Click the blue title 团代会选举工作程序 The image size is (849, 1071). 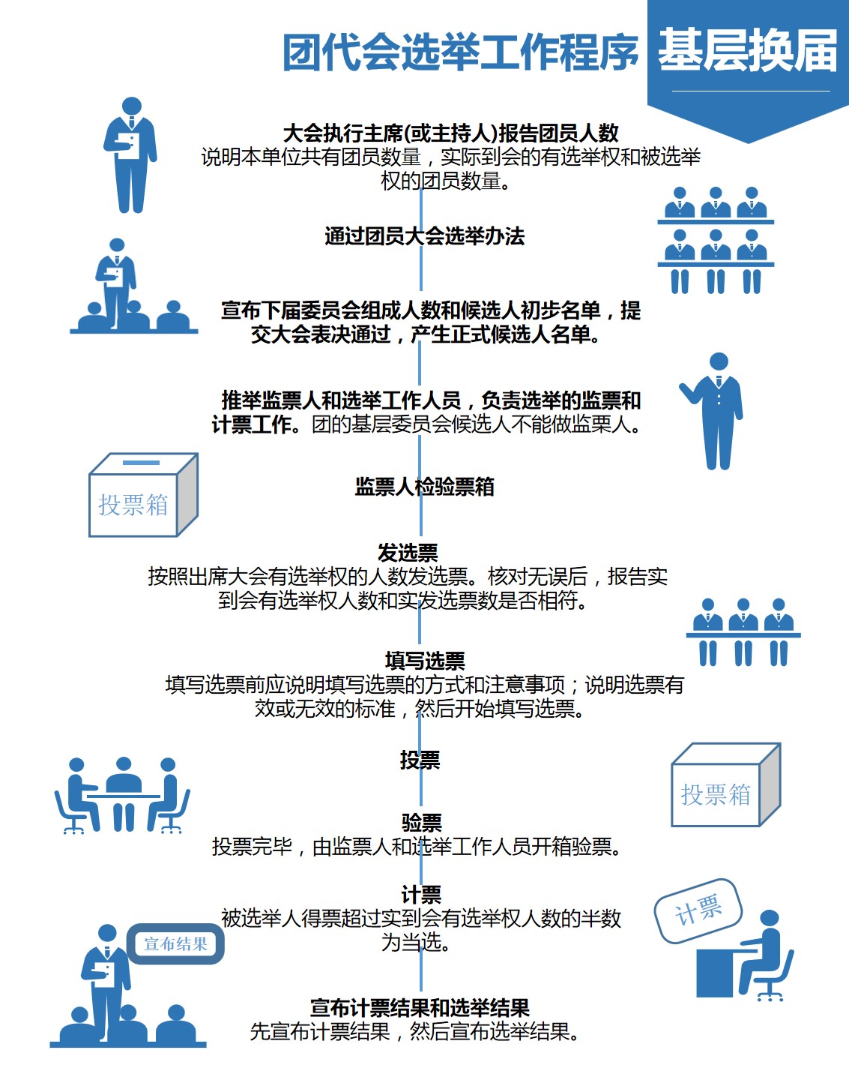[x=460, y=52]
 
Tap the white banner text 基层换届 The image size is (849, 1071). [x=747, y=51]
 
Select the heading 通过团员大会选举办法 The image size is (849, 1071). [x=424, y=236]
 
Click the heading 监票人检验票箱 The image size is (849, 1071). [x=424, y=487]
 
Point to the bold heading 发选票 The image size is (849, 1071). [x=408, y=553]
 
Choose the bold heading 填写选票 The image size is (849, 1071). [x=425, y=661]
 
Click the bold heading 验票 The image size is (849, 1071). [x=422, y=823]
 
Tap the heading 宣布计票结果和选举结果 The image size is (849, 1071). [x=420, y=1007]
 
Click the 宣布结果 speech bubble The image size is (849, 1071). [x=175, y=943]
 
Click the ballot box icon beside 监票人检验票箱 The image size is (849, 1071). [x=142, y=495]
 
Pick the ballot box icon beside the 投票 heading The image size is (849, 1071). [x=725, y=784]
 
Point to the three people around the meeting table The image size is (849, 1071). [x=122, y=796]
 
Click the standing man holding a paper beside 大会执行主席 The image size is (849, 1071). [x=131, y=154]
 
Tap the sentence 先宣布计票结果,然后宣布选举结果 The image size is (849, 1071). [x=416, y=1032]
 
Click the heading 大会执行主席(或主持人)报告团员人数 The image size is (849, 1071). [x=450, y=133]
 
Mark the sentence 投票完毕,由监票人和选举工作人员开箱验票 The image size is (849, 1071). [x=417, y=847]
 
